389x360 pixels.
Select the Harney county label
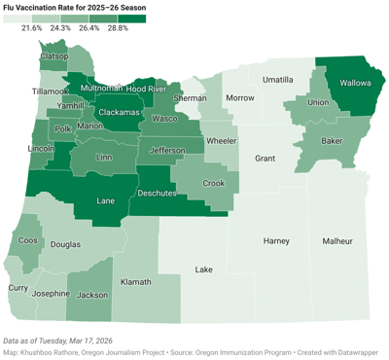point(277,240)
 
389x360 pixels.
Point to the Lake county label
point(203,270)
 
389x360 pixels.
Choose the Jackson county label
point(92,294)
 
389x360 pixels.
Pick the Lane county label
point(109,200)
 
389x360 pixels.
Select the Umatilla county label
point(277,79)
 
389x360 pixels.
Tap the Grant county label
point(265,157)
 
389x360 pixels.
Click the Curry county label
point(18,288)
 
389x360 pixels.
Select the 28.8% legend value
point(117,28)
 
